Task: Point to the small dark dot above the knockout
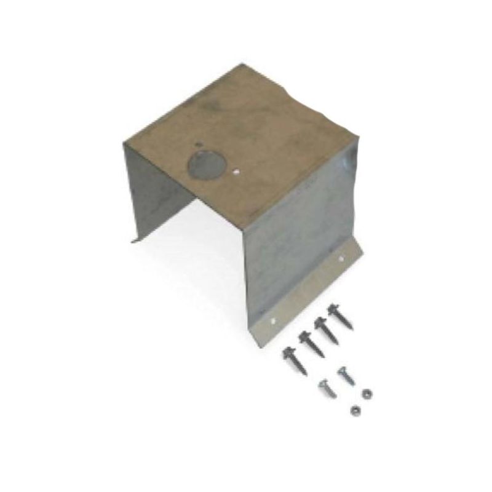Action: click(x=197, y=145)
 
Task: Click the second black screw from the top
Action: click(x=322, y=327)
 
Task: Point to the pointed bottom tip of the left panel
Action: click(x=132, y=240)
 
